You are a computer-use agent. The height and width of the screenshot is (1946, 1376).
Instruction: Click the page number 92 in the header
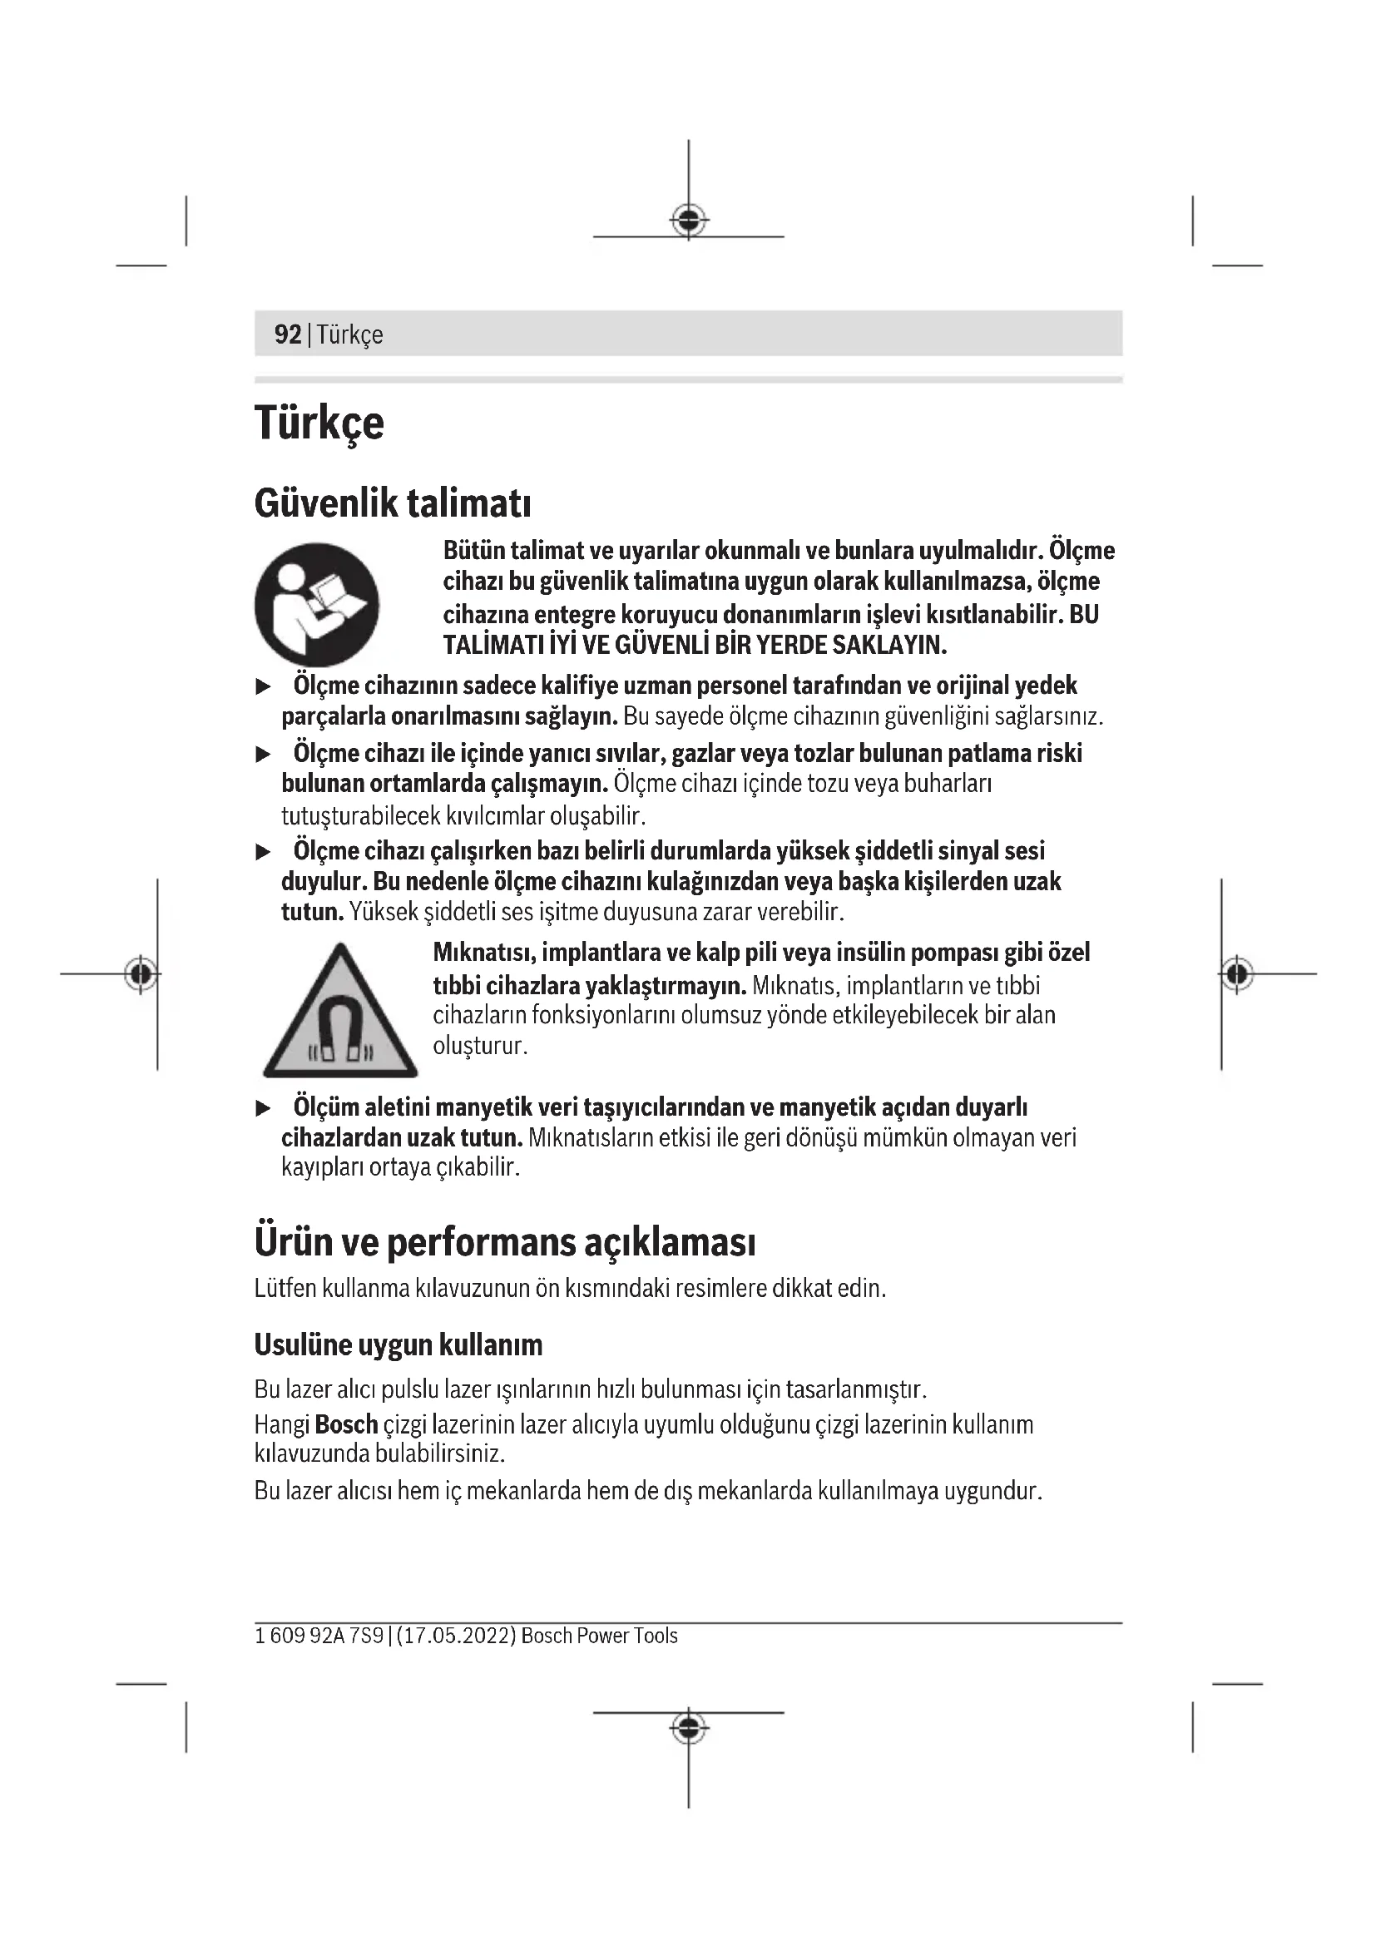(x=287, y=334)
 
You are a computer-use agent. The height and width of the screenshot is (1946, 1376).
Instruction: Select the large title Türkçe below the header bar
(x=319, y=423)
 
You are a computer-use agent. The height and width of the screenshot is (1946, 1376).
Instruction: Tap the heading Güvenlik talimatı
(x=393, y=503)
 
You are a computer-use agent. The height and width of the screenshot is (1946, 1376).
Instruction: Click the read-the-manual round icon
(x=317, y=604)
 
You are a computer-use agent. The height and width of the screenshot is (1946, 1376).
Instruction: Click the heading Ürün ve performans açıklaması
(x=504, y=1241)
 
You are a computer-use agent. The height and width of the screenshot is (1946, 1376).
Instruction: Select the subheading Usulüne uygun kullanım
(x=398, y=1344)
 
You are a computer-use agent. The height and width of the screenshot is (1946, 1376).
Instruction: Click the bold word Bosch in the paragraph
(x=346, y=1424)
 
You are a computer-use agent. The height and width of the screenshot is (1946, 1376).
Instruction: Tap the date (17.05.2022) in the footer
(x=456, y=1636)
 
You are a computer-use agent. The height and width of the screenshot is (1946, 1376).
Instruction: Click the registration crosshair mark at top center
(x=689, y=221)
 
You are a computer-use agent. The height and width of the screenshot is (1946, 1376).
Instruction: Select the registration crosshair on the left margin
(x=141, y=974)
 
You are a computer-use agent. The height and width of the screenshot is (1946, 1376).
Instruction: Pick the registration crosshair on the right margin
(x=1237, y=974)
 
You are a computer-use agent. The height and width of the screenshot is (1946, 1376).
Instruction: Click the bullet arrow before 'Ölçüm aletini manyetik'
(x=264, y=1107)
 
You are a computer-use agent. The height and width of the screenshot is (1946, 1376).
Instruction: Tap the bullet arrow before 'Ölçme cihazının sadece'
(x=264, y=686)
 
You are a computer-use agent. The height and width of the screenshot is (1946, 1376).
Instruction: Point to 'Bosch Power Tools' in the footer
(x=599, y=1636)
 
